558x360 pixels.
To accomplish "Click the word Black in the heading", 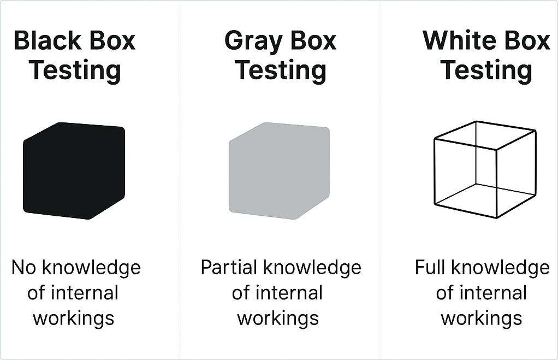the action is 48,40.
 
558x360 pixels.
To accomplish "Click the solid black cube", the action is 74,170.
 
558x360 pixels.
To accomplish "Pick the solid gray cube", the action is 279,170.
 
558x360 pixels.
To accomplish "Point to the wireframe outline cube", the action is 435,171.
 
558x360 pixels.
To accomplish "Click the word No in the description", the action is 24,268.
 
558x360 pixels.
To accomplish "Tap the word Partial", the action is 229,268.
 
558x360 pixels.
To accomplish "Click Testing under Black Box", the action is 75,70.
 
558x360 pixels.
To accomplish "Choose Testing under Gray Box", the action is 281,70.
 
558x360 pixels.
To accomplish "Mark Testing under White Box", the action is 486,70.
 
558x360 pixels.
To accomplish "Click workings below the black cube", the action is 74,318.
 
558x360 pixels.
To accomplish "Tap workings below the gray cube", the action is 278,318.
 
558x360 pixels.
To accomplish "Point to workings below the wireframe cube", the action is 482,318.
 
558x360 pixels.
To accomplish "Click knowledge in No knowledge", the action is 92,268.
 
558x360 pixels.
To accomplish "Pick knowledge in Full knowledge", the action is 500,268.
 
